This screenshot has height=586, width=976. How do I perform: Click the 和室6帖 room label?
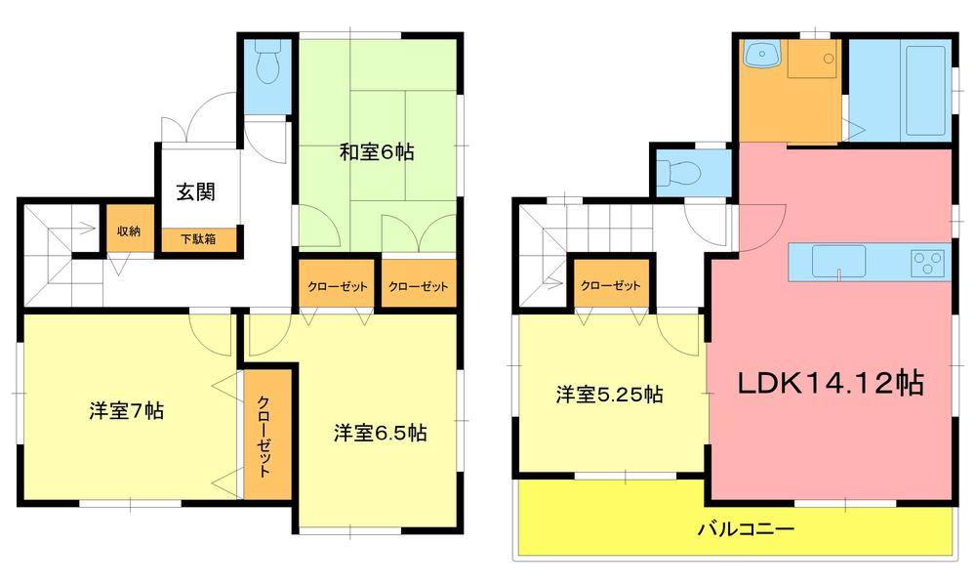(x=377, y=152)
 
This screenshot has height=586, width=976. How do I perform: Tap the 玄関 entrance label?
(x=195, y=192)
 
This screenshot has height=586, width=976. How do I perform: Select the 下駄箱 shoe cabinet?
(x=197, y=237)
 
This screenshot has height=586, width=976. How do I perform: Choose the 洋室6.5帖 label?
(x=379, y=432)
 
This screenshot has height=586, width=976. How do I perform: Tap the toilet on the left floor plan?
(x=264, y=65)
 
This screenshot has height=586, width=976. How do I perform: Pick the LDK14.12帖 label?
(x=831, y=383)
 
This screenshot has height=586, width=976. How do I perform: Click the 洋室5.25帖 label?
(x=610, y=395)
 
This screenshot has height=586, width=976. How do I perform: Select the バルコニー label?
(x=746, y=530)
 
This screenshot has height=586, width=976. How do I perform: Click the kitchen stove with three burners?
(x=925, y=263)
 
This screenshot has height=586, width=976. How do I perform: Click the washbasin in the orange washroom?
(x=760, y=56)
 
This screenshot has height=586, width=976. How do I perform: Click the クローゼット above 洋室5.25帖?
(x=610, y=286)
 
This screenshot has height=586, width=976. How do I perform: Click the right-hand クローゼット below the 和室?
(x=419, y=286)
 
